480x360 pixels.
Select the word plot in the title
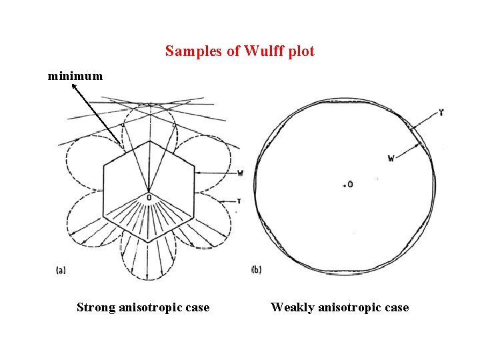pyautogui.click(x=301, y=51)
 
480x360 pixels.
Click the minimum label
pyautogui.click(x=75, y=76)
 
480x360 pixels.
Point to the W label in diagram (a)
pyautogui.click(x=240, y=173)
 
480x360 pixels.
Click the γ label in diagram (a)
pyautogui.click(x=239, y=201)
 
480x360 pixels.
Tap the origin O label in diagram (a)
pyautogui.click(x=149, y=198)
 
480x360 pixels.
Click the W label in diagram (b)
pyautogui.click(x=391, y=158)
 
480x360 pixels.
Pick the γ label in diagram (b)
pyautogui.click(x=441, y=113)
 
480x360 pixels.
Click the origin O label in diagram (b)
pyautogui.click(x=349, y=184)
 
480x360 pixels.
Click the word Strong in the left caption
pyautogui.click(x=96, y=307)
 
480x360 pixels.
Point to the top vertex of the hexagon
pyautogui.click(x=149, y=141)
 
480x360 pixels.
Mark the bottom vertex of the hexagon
pyautogui.click(x=149, y=241)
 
